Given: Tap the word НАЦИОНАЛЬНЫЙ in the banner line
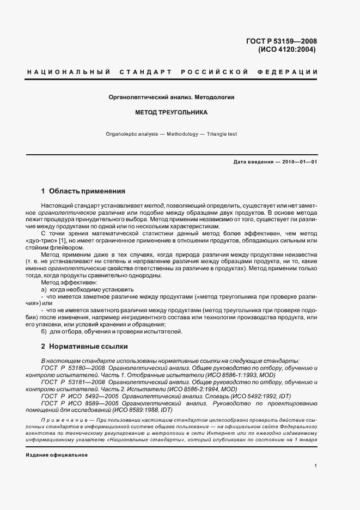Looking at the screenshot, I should (69, 72).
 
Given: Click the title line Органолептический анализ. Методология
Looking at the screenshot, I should (172, 98).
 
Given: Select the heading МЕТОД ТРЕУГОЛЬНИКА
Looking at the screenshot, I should (172, 113).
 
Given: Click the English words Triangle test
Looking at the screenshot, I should (219, 133).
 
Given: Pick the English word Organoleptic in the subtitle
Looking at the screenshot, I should (123, 133).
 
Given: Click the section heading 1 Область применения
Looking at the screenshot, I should (83, 191).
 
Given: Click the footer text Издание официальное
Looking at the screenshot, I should (57, 454).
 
